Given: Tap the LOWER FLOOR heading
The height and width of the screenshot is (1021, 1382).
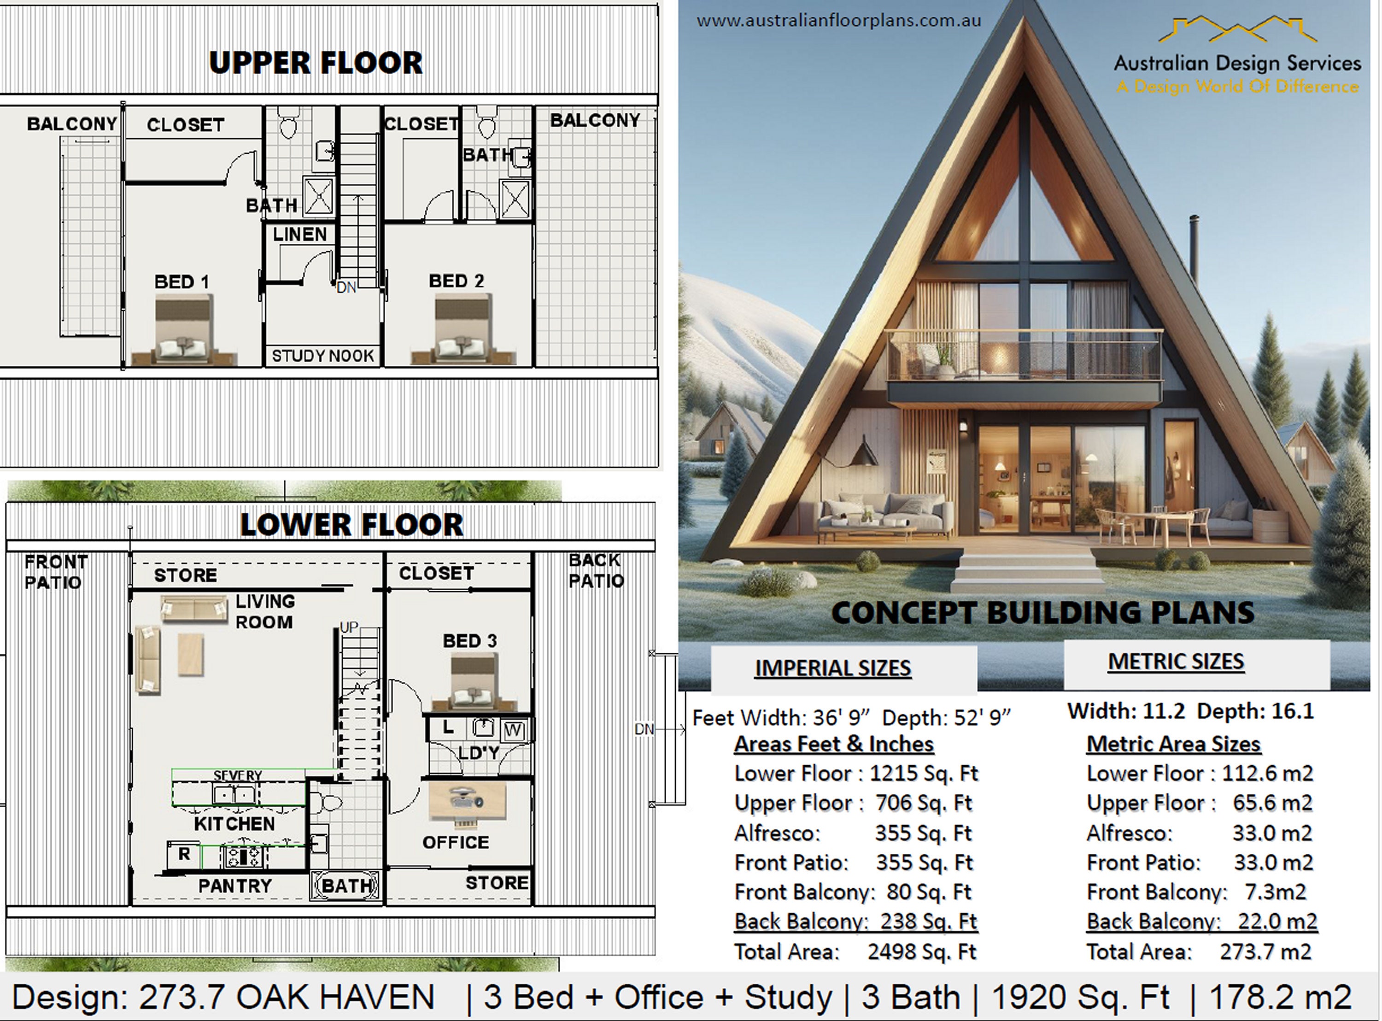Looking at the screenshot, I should (351, 525).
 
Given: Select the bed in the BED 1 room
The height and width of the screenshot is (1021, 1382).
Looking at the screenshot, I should (183, 331).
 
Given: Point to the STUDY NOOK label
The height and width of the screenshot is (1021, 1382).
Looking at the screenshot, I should (322, 356).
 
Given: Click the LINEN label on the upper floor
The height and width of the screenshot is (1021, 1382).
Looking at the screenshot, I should (299, 234).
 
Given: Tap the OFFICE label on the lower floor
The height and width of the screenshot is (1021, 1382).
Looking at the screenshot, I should (455, 842).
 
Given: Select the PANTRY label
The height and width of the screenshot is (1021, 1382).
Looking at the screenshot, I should (235, 886).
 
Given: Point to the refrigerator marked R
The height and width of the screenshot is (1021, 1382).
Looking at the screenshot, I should (183, 855).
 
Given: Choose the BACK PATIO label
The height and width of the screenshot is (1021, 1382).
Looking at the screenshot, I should (596, 570).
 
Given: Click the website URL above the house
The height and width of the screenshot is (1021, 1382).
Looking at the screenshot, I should (838, 20).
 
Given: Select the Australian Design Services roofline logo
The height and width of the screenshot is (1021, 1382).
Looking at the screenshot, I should (1237, 31).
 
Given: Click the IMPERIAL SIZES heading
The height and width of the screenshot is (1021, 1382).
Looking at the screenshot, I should (833, 668).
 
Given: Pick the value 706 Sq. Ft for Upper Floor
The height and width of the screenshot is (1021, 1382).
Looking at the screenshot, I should (923, 803).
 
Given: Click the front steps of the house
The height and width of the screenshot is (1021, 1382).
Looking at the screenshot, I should (1027, 572).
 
